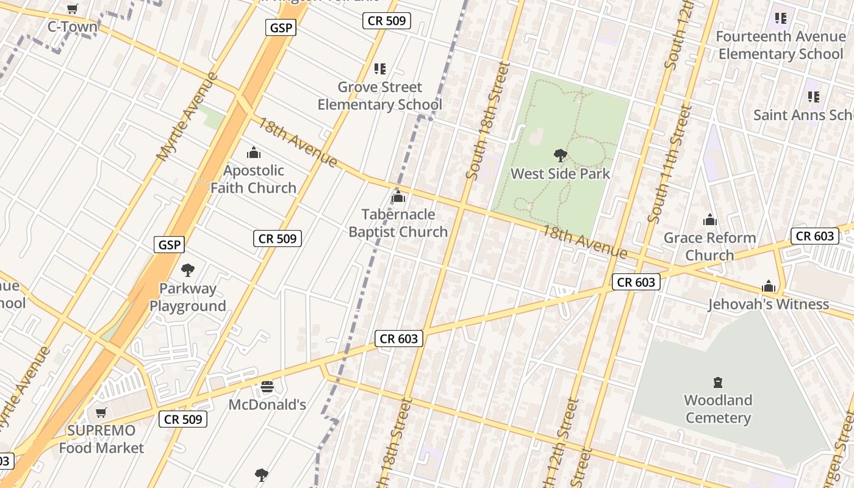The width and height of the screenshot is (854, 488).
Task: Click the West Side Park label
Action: click(560, 174)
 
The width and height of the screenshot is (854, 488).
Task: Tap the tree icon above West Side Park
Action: click(560, 156)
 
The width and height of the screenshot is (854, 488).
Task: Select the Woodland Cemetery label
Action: click(718, 409)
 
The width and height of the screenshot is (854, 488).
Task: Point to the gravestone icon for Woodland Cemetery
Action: click(718, 382)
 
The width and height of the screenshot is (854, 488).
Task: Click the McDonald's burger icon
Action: click(267, 387)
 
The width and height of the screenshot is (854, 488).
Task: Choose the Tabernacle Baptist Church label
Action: click(398, 223)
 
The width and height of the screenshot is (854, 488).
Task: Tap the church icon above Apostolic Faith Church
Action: click(254, 152)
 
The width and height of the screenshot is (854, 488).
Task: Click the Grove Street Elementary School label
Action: click(379, 96)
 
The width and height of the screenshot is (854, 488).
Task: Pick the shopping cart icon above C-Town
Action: click(73, 9)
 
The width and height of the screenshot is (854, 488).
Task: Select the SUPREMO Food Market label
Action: click(101, 439)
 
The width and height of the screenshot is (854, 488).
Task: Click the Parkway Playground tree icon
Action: click(188, 270)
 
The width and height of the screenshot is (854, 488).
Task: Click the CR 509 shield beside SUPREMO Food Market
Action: click(183, 419)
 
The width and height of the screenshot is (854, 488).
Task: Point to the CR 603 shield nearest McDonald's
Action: click(400, 339)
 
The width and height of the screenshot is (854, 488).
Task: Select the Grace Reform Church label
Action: click(709, 246)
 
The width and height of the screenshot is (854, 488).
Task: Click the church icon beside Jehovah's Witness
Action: click(769, 286)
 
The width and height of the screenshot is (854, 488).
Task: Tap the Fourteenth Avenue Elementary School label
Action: click(780, 45)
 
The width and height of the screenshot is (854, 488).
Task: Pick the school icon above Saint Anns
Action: click(814, 96)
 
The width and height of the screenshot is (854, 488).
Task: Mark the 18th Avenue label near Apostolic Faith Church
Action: click(297, 142)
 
